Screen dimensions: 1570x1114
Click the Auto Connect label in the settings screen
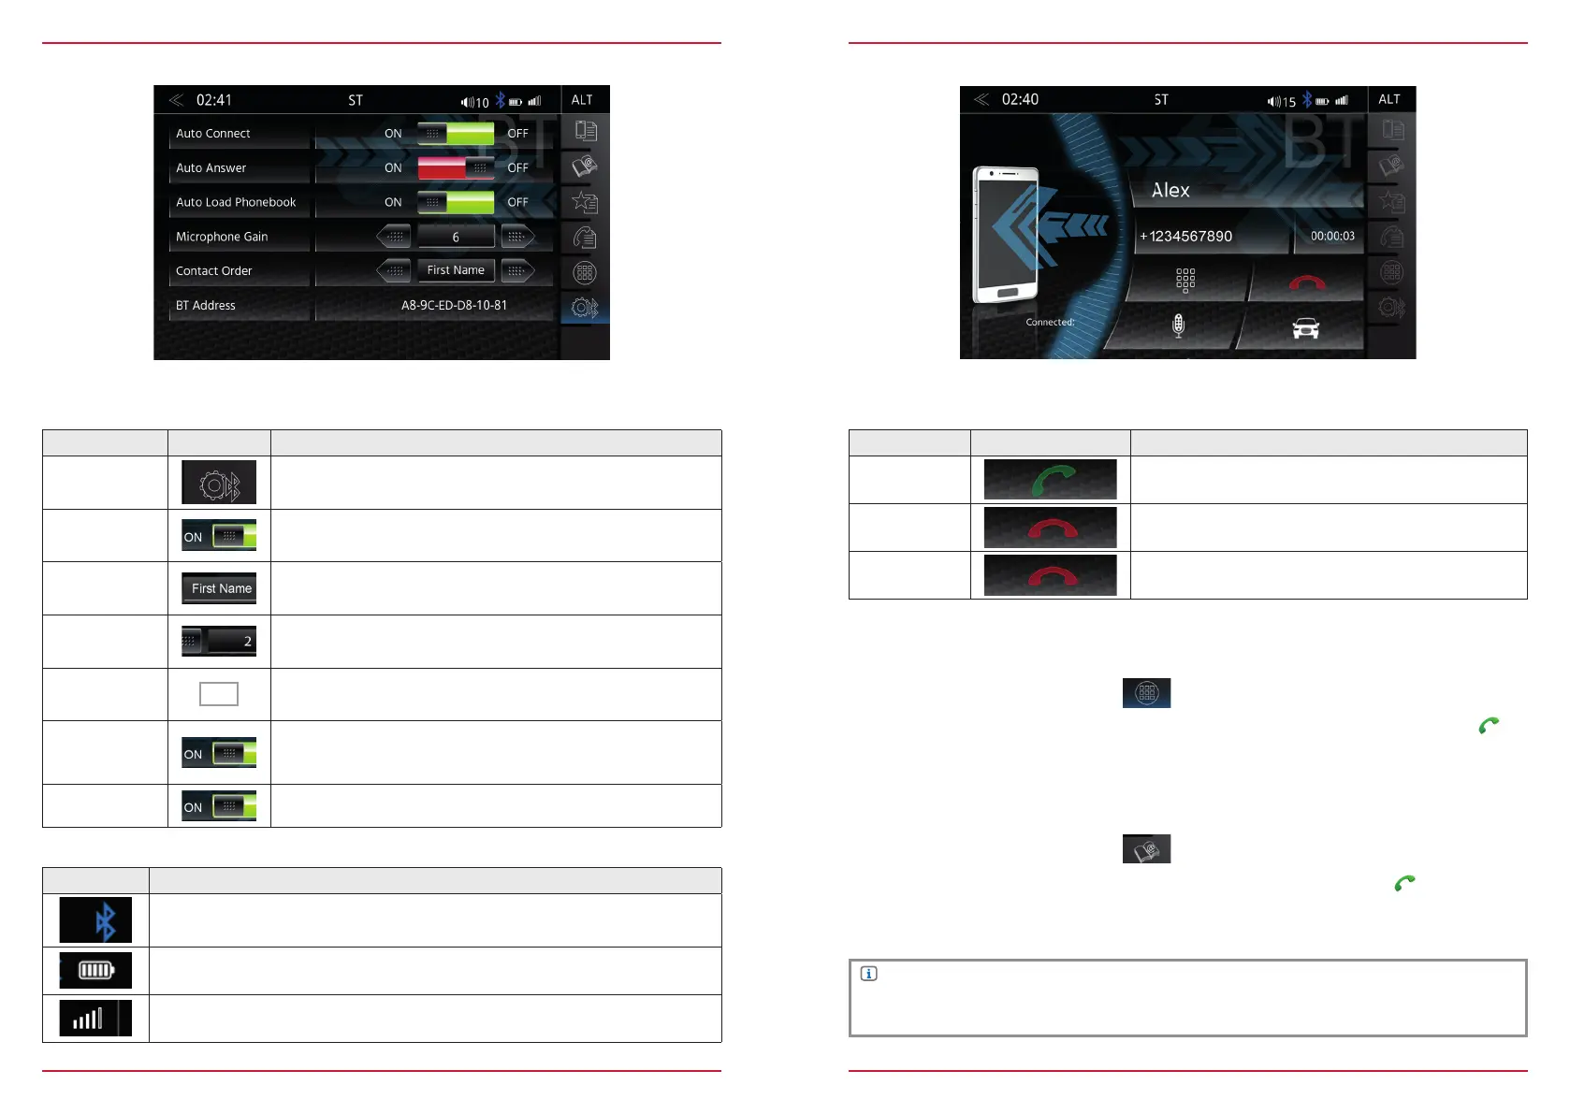click(x=213, y=134)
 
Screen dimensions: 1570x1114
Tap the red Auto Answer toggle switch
click(x=456, y=168)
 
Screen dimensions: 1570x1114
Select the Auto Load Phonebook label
click(x=236, y=202)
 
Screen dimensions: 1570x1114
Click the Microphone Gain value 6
click(x=456, y=237)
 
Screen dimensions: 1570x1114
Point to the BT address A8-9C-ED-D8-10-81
click(x=454, y=305)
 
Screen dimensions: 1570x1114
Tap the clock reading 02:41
click(x=214, y=100)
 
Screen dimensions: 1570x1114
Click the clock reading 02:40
click(x=1020, y=99)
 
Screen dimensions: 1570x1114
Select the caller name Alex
click(x=1170, y=191)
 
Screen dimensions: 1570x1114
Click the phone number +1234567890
click(x=1186, y=237)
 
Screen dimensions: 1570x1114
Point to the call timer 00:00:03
click(x=1332, y=237)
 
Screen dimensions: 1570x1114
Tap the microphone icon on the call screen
click(x=1179, y=326)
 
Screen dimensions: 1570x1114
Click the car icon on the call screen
click(x=1305, y=328)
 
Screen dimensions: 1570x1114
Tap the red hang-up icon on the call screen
click(x=1307, y=282)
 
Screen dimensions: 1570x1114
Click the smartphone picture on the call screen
click(x=1006, y=235)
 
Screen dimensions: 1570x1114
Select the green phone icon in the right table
click(x=1051, y=480)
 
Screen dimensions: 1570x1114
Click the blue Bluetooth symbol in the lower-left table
click(x=105, y=921)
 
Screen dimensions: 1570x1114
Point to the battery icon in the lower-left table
click(x=95, y=970)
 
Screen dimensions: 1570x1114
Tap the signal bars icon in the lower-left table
click(x=88, y=1018)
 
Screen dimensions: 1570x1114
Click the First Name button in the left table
click(x=221, y=588)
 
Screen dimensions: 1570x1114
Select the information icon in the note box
click(x=868, y=974)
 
